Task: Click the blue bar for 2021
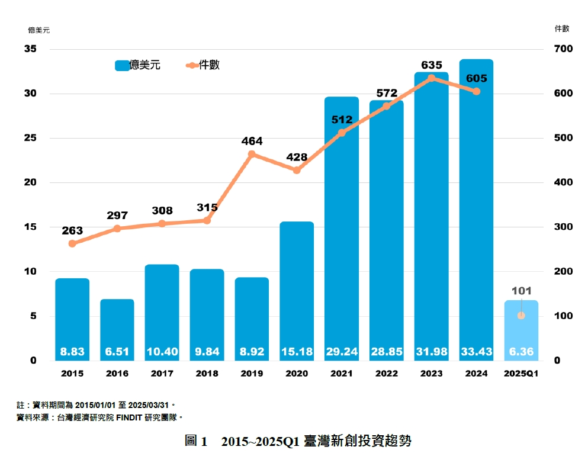click(342, 225)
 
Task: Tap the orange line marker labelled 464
click(252, 155)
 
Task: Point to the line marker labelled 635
click(431, 78)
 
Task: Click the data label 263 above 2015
click(72, 231)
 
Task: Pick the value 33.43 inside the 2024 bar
click(476, 352)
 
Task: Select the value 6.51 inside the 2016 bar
click(117, 352)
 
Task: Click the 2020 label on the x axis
click(297, 374)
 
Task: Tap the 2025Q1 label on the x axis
click(521, 374)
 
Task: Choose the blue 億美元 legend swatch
click(122, 66)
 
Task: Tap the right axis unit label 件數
click(561, 28)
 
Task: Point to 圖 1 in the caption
click(196, 441)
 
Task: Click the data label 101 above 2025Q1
click(522, 291)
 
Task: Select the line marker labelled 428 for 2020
click(297, 170)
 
